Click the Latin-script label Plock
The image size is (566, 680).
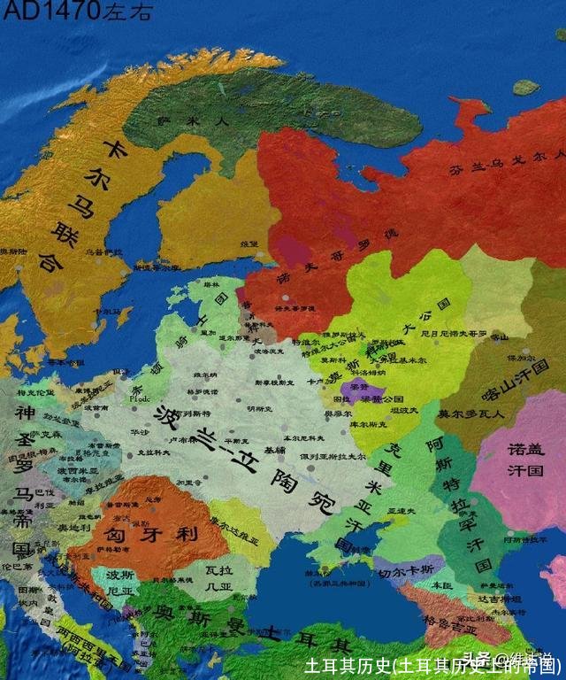(x=141, y=398)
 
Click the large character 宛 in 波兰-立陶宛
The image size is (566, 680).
(x=314, y=501)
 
